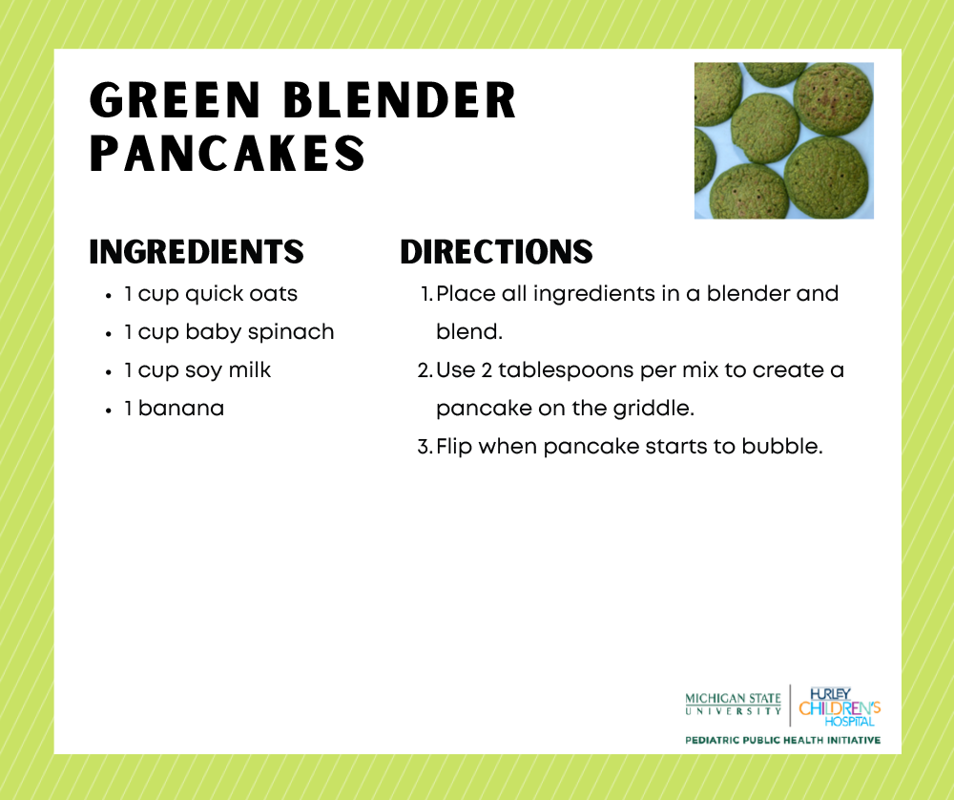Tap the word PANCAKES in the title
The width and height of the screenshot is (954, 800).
(227, 154)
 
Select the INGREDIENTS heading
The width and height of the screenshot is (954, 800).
(197, 252)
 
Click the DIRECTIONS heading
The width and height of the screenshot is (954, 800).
(496, 252)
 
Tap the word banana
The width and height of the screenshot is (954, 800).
(181, 409)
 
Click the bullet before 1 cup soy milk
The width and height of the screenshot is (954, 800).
(110, 371)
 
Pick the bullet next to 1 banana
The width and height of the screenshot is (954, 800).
(110, 410)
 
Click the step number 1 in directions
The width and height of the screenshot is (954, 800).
(425, 294)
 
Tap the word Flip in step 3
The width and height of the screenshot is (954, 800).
(454, 447)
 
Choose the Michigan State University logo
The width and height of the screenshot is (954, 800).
(733, 705)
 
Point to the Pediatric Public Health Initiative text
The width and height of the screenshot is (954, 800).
(782, 740)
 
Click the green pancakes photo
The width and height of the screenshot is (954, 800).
(783, 140)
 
